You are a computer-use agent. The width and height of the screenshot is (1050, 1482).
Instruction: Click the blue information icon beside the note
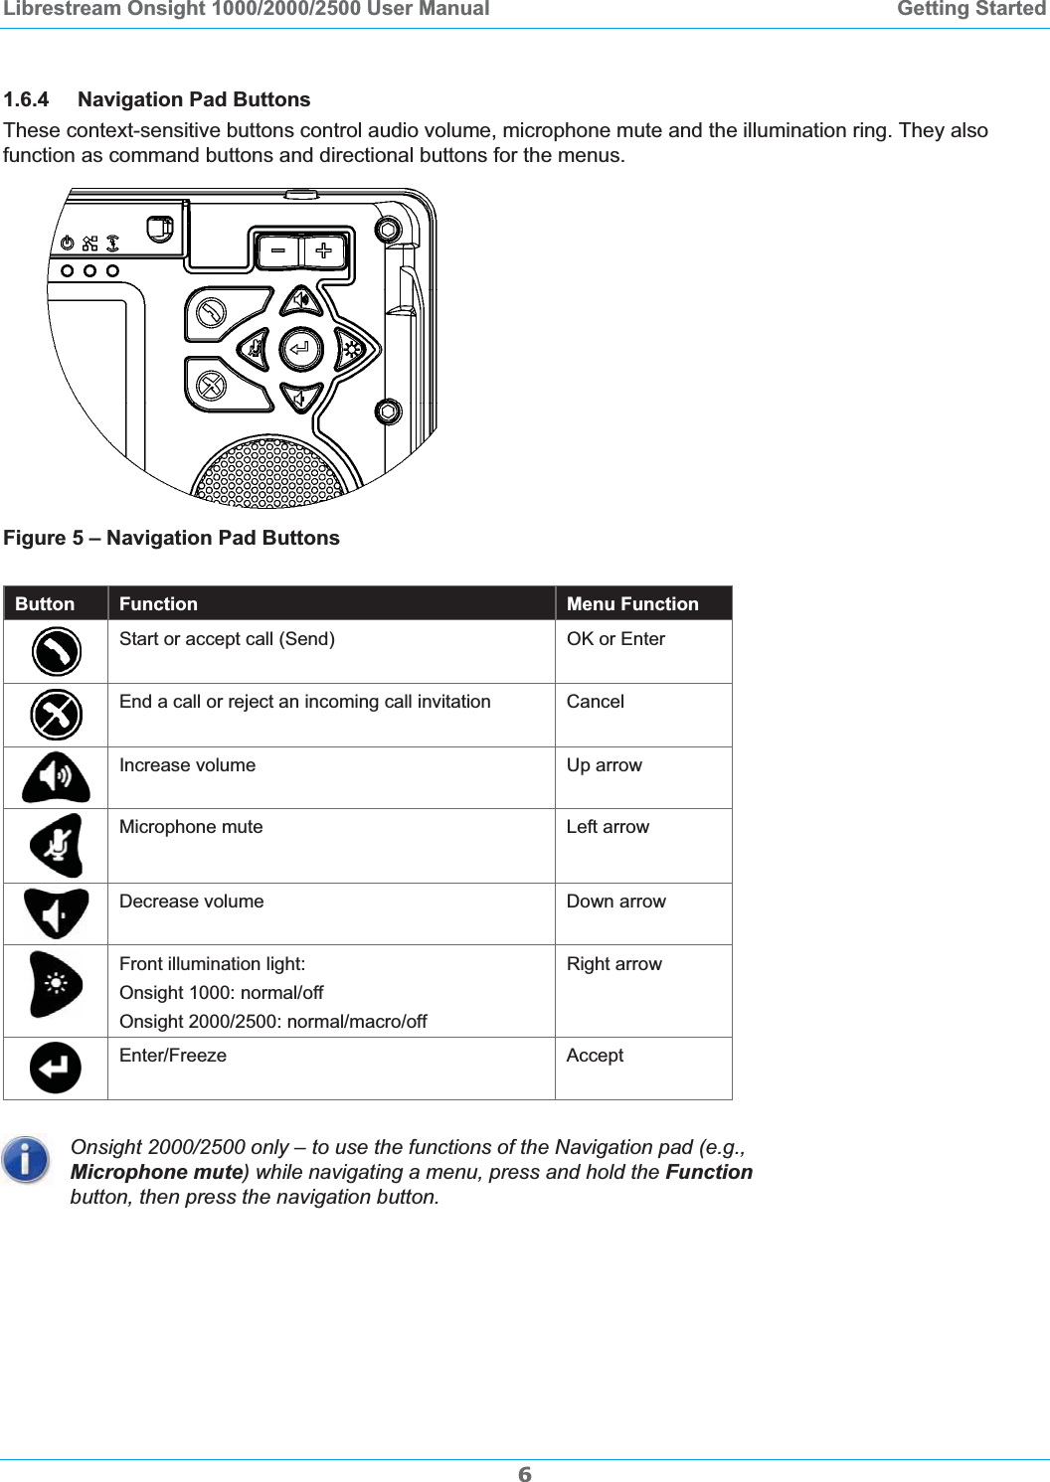[26, 1160]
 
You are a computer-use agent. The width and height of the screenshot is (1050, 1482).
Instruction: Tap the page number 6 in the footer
[525, 1474]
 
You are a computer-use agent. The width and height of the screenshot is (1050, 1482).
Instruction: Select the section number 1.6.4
[26, 99]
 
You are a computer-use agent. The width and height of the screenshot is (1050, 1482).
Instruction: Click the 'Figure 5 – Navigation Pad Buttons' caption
[171, 538]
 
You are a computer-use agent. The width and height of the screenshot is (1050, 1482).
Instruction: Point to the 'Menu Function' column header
[632, 603]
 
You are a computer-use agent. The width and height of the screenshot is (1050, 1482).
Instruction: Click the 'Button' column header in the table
[45, 603]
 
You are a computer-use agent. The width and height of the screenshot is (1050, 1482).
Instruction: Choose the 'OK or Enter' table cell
[615, 639]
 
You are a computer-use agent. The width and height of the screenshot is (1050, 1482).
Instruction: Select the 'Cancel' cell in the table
[596, 702]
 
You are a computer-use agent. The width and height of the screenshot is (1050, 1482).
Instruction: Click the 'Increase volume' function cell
[187, 765]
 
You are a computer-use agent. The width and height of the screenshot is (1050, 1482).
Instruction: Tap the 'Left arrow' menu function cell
[608, 827]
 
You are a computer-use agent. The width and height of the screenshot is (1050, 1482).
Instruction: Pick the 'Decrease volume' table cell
[191, 902]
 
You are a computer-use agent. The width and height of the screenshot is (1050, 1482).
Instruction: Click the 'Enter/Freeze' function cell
[173, 1056]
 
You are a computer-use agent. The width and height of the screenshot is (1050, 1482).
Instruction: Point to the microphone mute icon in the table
[56, 846]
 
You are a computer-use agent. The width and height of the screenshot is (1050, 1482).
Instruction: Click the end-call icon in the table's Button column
[56, 715]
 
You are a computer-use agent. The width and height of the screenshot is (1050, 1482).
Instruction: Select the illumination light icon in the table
[56, 985]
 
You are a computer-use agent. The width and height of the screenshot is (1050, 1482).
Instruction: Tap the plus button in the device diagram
[324, 251]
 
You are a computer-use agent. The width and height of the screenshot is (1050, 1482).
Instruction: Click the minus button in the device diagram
[278, 251]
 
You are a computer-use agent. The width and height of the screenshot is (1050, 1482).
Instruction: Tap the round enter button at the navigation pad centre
[300, 349]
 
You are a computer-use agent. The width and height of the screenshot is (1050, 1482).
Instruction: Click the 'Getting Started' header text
[970, 9]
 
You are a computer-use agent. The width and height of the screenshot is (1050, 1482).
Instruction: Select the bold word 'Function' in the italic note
[709, 1172]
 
